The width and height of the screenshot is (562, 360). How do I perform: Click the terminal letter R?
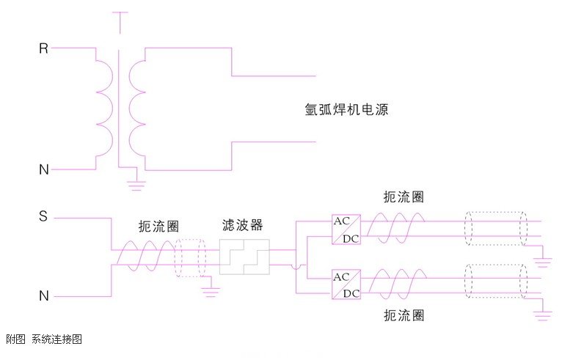tap(43, 49)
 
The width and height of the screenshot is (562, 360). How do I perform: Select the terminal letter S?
tap(43, 217)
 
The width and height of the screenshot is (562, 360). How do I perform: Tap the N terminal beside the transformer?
tap(43, 170)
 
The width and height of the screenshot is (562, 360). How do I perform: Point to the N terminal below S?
tap(43, 296)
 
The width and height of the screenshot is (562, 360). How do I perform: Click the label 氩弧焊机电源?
tap(346, 111)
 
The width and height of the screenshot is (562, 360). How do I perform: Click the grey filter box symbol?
tap(244, 257)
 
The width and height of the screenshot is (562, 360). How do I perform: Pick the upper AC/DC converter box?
tap(346, 229)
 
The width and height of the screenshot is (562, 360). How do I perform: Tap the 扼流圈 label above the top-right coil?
tap(404, 197)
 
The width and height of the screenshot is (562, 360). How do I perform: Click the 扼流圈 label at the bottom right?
tap(404, 316)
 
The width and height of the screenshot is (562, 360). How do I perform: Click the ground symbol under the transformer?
tap(136, 185)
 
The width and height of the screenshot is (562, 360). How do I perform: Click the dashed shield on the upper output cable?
tap(495, 228)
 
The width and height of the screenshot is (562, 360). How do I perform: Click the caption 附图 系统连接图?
tap(43, 339)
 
